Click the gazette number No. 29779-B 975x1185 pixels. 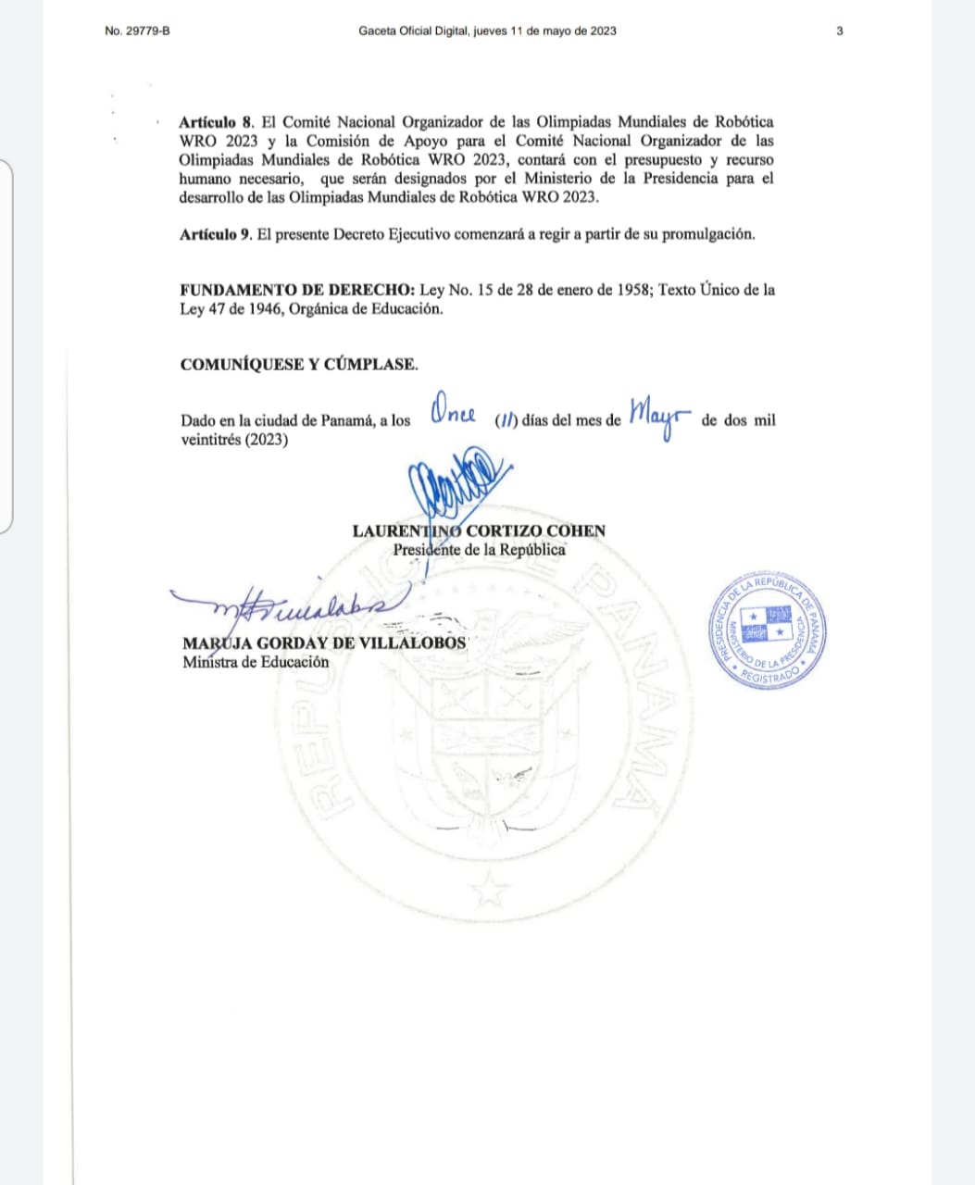137,31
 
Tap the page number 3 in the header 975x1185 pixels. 839,31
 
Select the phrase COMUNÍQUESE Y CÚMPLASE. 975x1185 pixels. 299,364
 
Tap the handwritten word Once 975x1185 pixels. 454,413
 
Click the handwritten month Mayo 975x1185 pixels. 660,418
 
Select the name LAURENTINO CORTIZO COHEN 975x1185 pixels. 479,531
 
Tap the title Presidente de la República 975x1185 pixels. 479,549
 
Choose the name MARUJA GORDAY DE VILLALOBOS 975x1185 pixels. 325,643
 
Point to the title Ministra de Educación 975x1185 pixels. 256,662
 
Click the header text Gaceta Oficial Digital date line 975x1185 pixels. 487,31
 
